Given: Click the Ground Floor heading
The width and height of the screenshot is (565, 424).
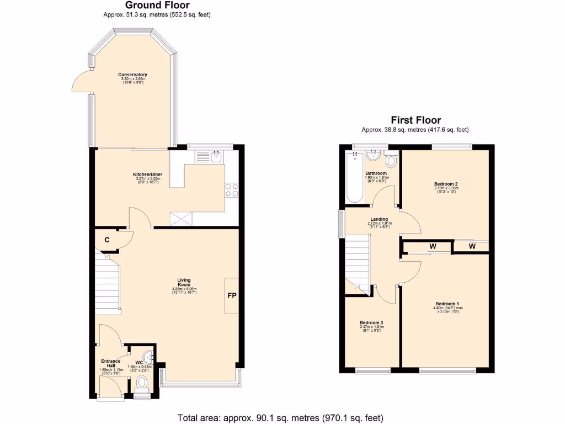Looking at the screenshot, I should coord(157,6).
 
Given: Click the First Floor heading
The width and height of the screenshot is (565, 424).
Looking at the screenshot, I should coord(415,120).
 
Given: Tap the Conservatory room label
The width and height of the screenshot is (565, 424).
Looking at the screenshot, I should coord(133,75).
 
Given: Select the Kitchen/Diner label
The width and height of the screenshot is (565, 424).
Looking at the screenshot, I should coord(147,174).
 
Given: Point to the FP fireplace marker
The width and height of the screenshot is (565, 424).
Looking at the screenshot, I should coord(232,296).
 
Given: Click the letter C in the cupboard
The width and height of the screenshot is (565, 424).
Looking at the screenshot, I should coord(107,240).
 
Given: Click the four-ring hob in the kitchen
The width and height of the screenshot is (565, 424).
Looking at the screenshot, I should coord(232,190).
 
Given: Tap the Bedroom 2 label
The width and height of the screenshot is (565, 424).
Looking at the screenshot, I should coord(446,184).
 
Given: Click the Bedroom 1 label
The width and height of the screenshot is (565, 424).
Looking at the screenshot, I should coord(447,304).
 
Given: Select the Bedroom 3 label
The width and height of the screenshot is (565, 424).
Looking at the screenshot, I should coord(371,322).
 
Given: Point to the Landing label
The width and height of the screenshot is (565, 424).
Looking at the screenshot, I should coord(379,219).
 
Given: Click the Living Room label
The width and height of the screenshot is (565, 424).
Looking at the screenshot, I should coord(184,283).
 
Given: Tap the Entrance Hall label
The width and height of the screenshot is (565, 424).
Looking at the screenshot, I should coord(109,363).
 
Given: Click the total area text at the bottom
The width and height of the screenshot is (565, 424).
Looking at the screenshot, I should coord(280,417).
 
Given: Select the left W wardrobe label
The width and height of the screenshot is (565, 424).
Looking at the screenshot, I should coord(433,246).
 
